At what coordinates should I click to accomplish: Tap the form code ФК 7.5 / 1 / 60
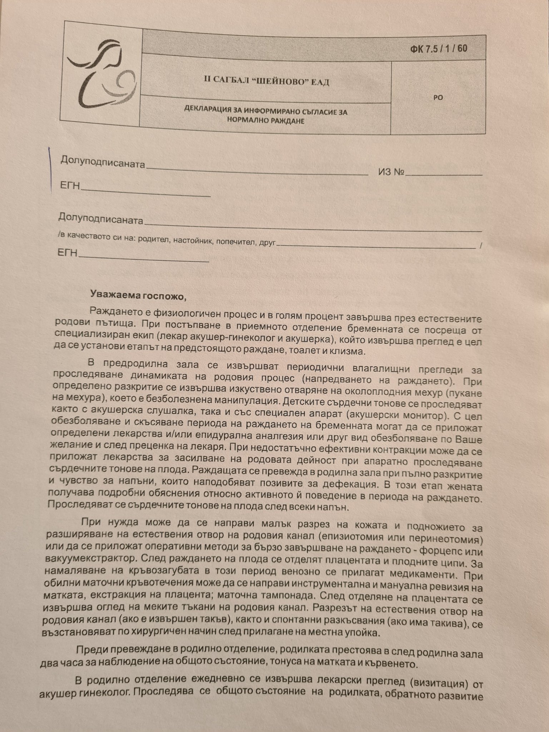[x=439, y=49]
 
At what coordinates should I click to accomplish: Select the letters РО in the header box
[x=438, y=97]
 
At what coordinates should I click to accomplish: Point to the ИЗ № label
[x=391, y=172]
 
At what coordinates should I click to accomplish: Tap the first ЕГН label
[x=70, y=186]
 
